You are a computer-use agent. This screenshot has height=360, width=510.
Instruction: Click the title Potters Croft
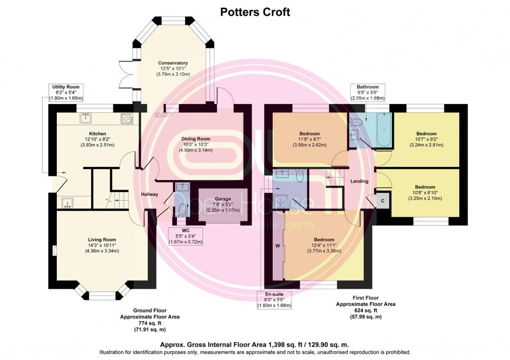(255, 12)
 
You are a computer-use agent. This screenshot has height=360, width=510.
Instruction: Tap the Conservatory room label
(173, 63)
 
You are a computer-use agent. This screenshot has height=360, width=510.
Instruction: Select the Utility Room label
(66, 87)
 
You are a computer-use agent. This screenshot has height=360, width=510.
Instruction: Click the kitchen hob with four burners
(127, 119)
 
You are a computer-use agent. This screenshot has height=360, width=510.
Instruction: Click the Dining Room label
(196, 139)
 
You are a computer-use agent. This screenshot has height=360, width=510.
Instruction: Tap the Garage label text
(223, 199)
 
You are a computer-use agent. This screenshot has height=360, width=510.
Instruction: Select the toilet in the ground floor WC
(183, 210)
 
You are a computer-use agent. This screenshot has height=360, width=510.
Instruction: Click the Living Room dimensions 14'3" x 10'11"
(102, 246)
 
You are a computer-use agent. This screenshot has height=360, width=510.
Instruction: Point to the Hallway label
(150, 195)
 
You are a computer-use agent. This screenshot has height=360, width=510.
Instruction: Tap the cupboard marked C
(382, 201)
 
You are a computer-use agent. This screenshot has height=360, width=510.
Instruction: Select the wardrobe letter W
(278, 246)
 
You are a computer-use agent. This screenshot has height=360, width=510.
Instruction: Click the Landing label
(360, 181)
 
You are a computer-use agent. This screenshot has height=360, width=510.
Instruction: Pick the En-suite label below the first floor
(274, 294)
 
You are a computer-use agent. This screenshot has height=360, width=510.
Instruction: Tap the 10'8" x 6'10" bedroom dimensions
(425, 192)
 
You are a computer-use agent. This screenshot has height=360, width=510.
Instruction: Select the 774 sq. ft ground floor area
(150, 323)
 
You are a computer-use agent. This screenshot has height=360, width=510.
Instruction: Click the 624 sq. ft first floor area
(365, 311)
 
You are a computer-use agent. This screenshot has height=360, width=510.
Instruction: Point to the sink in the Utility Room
(68, 203)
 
